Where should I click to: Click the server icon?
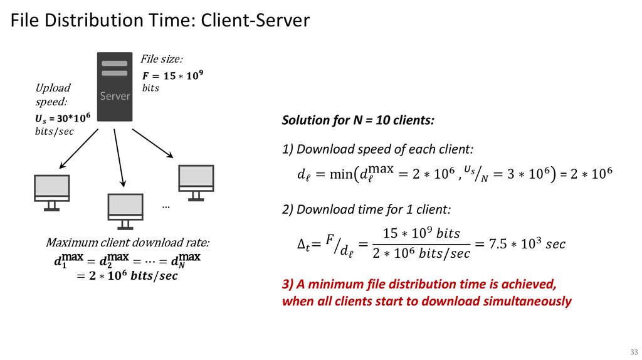pos(115,87)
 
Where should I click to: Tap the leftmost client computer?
pos(51,192)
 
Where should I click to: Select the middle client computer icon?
pos(125,210)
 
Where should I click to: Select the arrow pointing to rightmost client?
pos(152,143)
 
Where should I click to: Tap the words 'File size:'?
pos(161,59)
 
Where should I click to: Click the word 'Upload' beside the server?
pos(53,88)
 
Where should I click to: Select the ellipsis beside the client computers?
pos(166,206)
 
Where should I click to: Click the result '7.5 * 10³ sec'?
pos(518,243)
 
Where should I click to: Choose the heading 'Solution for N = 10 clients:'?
pos(358,120)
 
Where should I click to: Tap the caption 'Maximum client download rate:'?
pos(128,243)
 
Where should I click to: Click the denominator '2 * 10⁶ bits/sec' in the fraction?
pos(421,253)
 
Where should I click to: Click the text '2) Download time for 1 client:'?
pos(366,209)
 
